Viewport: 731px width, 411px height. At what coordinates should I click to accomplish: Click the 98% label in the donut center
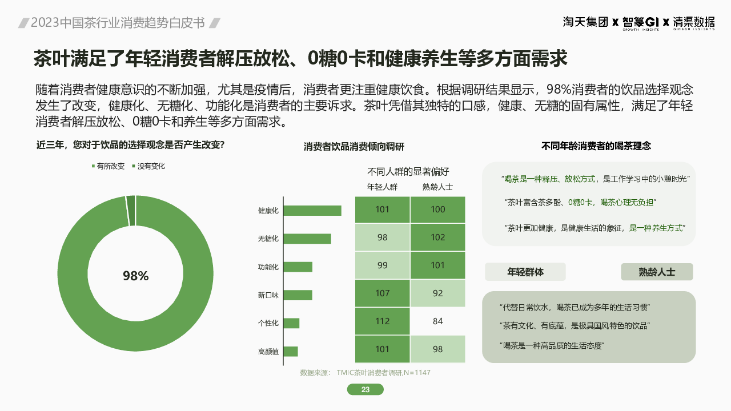point(135,276)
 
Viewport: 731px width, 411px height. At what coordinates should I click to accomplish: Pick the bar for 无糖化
point(307,239)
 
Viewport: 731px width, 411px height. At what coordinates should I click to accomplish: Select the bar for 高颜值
point(290,352)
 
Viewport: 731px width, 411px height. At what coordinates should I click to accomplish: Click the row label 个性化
point(268,323)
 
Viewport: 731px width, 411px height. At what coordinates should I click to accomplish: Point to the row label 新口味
point(268,295)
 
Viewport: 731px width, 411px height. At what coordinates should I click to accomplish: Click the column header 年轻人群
point(382,187)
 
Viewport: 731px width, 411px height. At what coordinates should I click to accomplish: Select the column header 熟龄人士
point(437,187)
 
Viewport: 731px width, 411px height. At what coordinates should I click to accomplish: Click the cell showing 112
point(382,321)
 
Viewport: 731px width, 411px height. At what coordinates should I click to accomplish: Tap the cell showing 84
point(437,321)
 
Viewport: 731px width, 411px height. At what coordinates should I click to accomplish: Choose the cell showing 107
point(382,293)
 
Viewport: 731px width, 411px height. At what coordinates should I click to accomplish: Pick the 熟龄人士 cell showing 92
point(437,293)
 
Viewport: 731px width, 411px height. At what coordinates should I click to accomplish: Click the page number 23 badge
point(365,390)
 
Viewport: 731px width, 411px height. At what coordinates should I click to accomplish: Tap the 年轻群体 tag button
point(525,272)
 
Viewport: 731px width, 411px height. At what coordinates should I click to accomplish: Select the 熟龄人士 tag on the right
point(657,272)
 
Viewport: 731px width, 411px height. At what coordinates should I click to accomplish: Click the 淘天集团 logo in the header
point(585,22)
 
